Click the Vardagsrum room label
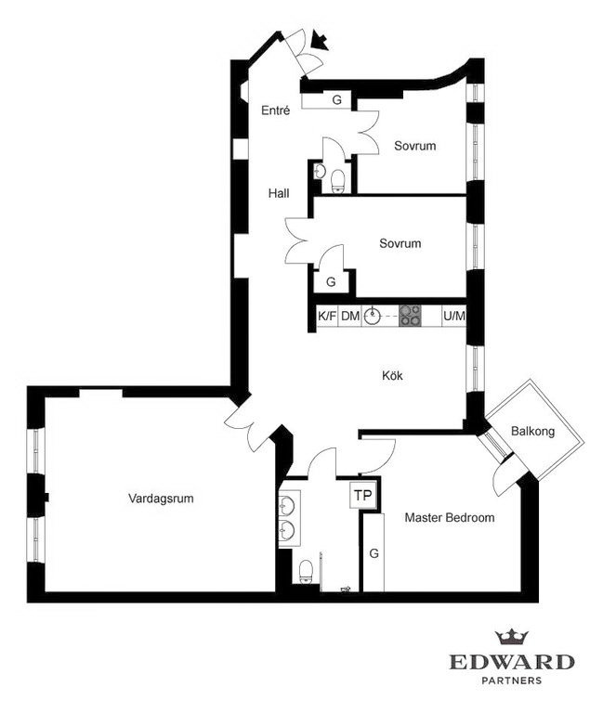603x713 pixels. (x=161, y=499)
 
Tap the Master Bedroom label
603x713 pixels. (x=450, y=517)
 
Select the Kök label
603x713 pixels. (x=392, y=376)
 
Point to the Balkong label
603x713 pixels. (x=533, y=431)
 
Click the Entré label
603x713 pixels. (x=276, y=110)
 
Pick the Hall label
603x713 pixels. (x=279, y=193)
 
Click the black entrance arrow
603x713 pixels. (x=320, y=41)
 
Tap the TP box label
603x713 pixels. (x=363, y=495)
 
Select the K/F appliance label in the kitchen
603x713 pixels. (x=327, y=316)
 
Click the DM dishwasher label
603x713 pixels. (x=350, y=316)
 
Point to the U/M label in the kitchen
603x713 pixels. (x=454, y=316)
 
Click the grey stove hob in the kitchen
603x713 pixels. (x=410, y=316)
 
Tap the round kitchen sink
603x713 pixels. (x=373, y=315)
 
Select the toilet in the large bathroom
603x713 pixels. (x=306, y=571)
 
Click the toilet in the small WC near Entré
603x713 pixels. (x=337, y=181)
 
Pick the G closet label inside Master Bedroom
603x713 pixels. (x=374, y=553)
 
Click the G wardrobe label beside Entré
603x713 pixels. (x=336, y=99)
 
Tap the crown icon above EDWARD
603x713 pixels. (x=512, y=637)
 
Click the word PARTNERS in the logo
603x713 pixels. (x=512, y=681)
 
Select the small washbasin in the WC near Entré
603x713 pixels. (x=320, y=171)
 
